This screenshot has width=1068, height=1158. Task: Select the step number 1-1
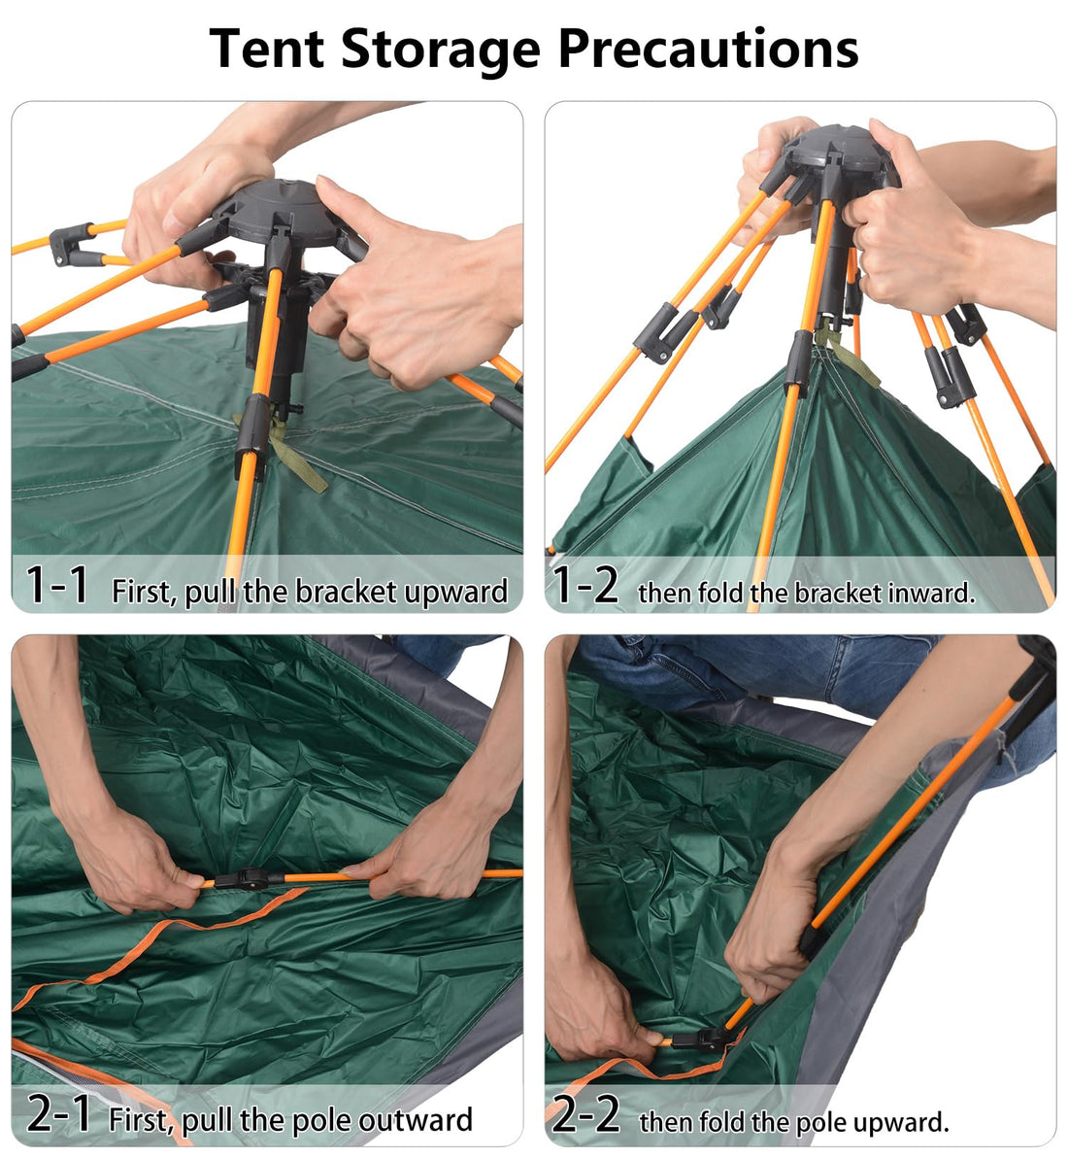coord(57,586)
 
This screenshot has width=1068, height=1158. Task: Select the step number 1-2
coord(584,586)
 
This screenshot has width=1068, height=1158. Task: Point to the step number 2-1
coord(58,1114)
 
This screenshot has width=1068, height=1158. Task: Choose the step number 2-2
coord(585,1114)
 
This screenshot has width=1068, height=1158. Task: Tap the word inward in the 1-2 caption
coord(931,593)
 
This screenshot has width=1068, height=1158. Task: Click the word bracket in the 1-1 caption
coord(333,592)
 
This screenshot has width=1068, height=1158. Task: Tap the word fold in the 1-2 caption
coord(721,593)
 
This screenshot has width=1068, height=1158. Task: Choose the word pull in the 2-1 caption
coord(208,1120)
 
